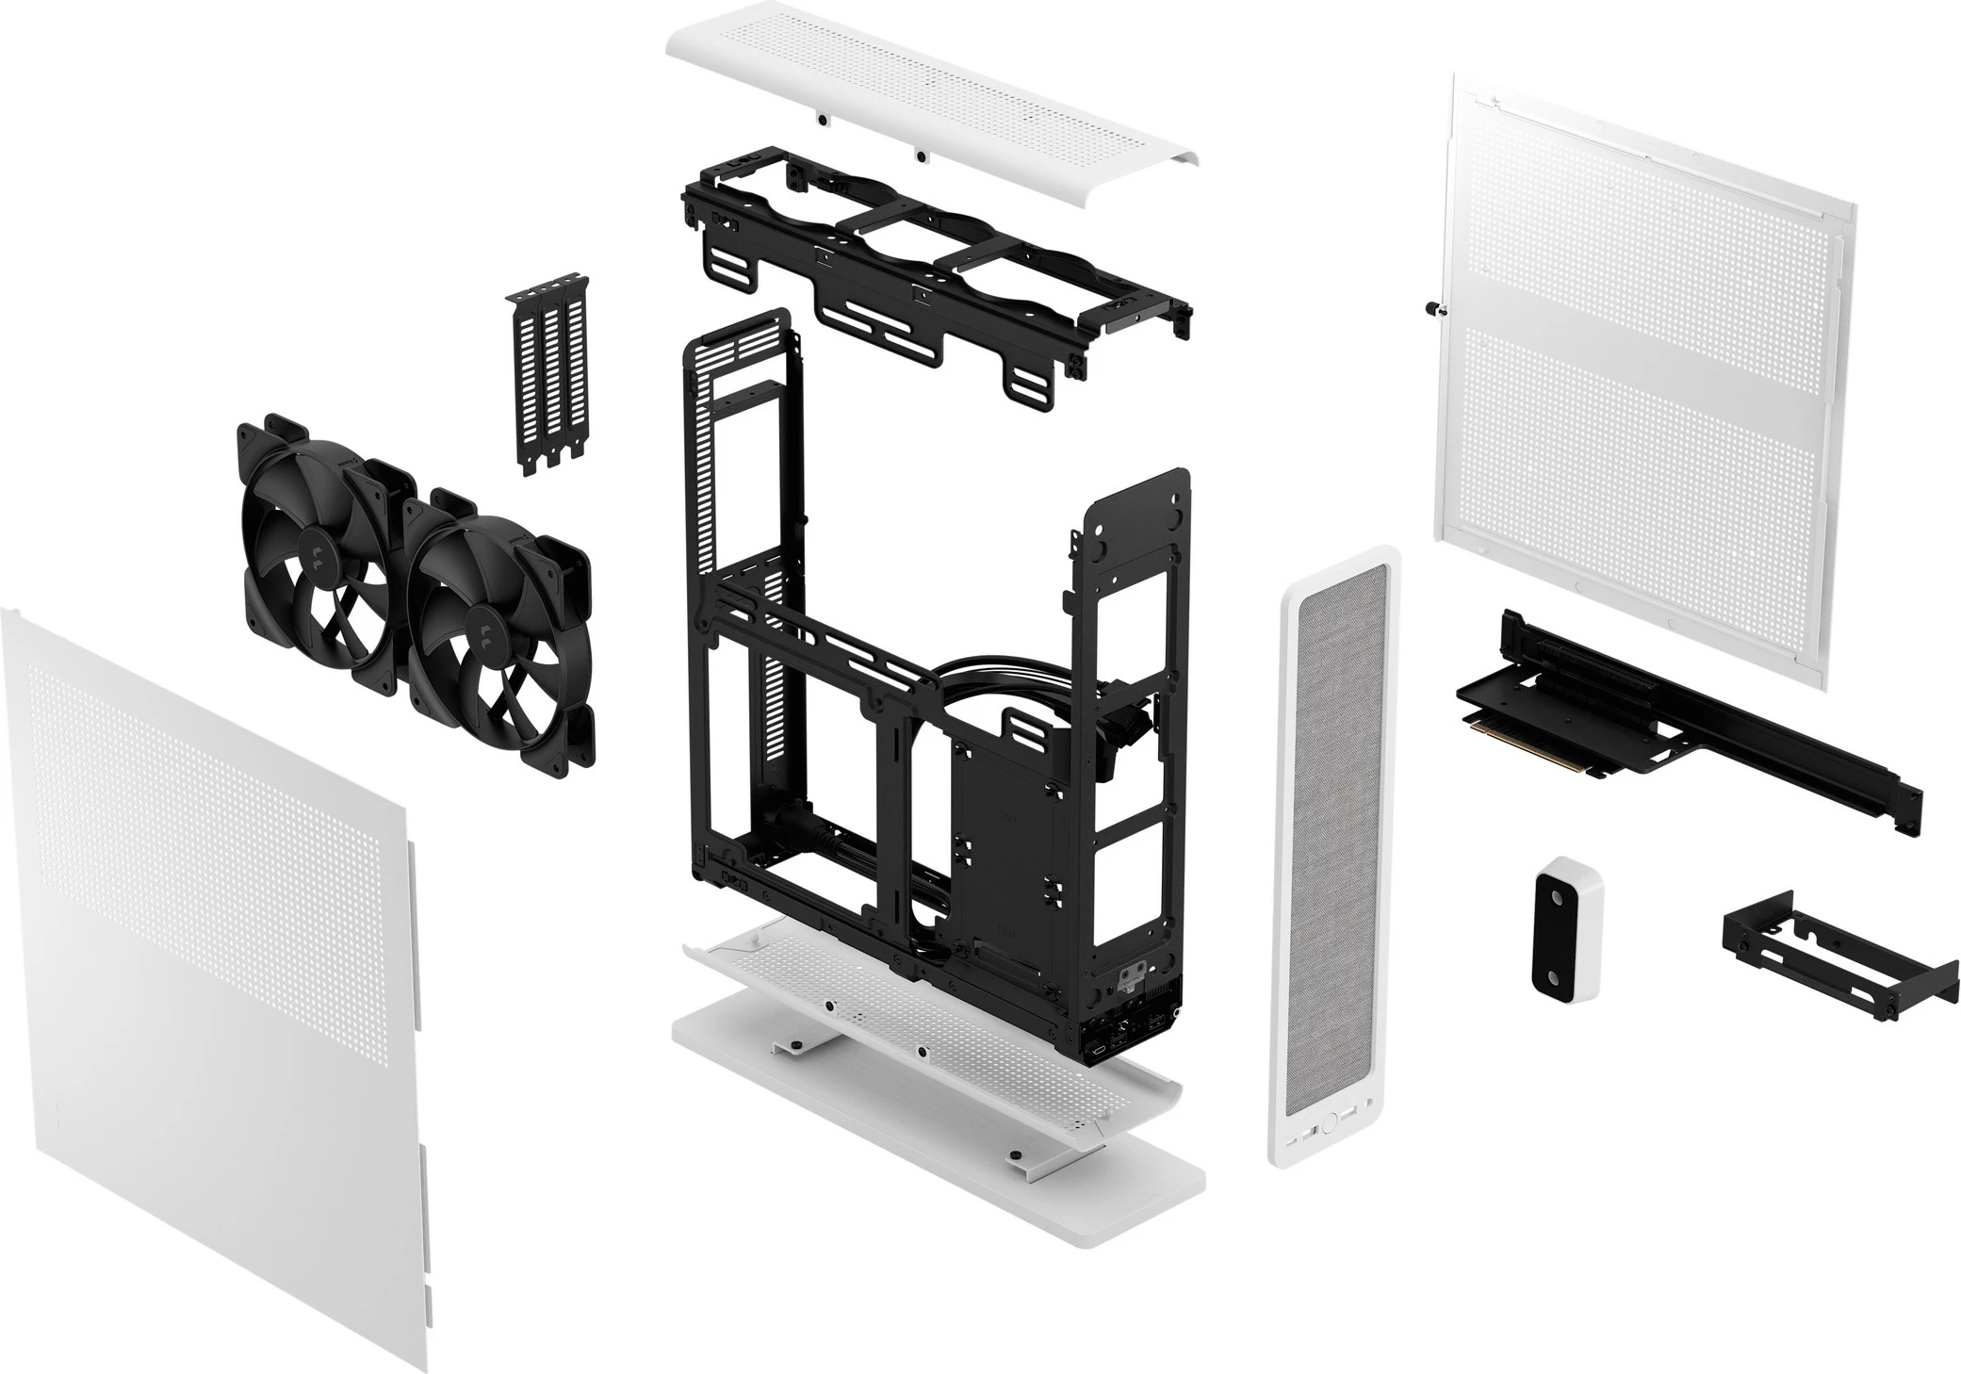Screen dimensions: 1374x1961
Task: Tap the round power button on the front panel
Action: pos(1329,1123)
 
